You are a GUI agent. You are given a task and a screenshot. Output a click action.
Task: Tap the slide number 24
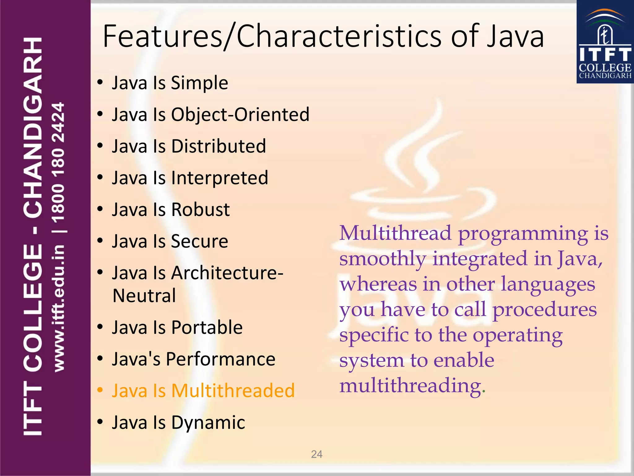[317, 454]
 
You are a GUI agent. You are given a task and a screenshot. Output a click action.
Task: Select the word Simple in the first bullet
[199, 83]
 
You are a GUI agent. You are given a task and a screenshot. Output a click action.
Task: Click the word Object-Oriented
[240, 115]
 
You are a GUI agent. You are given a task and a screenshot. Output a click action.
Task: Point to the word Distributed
[219, 146]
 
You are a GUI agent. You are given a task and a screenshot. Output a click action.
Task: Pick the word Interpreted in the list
[219, 178]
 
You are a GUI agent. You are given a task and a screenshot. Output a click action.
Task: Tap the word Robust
[200, 210]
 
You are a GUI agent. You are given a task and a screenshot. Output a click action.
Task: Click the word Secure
[199, 241]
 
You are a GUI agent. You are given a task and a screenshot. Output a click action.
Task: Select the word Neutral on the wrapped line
[144, 296]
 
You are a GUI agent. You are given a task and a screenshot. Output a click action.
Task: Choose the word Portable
[207, 328]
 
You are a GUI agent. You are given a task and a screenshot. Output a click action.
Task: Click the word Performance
[220, 359]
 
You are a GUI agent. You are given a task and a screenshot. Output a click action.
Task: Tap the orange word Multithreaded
[233, 391]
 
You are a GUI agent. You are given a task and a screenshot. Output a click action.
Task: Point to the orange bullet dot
[100, 390]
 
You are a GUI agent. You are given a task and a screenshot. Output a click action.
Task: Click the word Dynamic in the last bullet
[208, 422]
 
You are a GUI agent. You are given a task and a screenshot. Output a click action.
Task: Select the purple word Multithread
[395, 233]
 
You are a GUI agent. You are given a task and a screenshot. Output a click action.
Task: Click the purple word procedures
[545, 310]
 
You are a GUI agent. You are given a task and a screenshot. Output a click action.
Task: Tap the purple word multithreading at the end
[410, 386]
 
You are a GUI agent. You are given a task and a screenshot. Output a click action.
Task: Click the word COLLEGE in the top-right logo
[605, 68]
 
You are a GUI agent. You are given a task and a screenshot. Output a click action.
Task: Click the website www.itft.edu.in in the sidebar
[59, 308]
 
